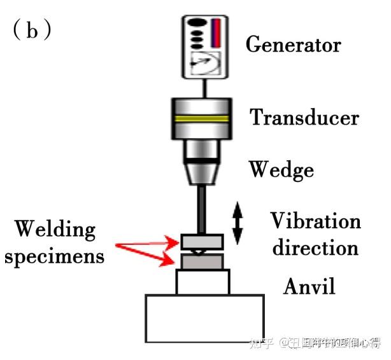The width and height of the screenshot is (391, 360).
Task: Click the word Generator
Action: [293, 45]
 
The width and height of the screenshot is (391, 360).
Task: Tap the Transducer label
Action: [304, 118]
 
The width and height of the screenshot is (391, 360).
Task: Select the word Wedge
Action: [281, 169]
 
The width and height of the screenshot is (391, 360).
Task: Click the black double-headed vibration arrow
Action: [237, 224]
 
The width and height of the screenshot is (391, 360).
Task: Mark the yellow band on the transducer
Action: [203, 119]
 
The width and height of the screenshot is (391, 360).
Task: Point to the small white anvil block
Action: [203, 282]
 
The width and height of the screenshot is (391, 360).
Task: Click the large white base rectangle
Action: [204, 318]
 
